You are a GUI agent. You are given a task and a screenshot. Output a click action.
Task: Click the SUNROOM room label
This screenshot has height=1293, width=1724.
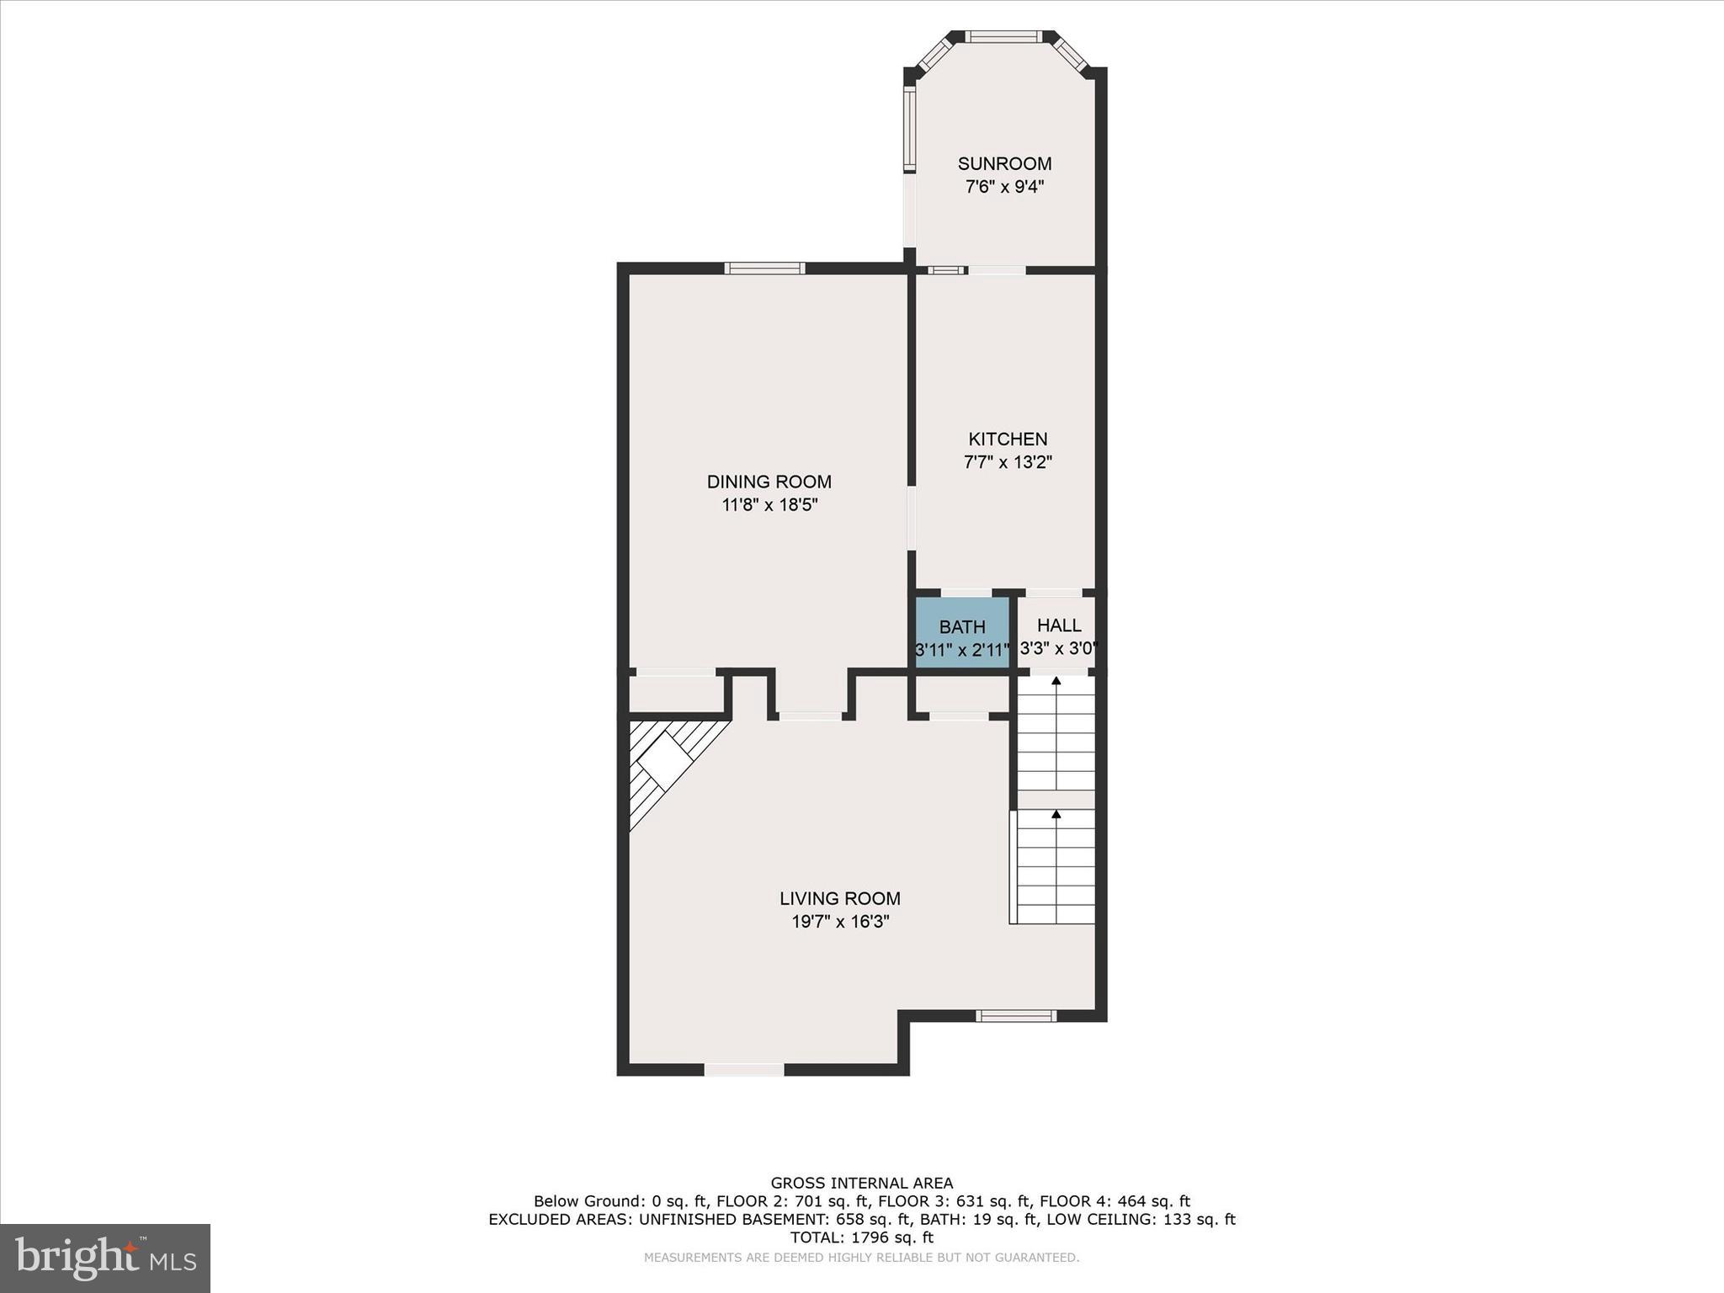1004,163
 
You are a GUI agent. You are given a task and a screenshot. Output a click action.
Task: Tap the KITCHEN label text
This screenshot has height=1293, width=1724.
1008,439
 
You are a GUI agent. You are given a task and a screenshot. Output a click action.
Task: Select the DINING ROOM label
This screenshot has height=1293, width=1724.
769,482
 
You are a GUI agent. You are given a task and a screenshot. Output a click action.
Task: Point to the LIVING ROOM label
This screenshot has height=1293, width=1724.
839,898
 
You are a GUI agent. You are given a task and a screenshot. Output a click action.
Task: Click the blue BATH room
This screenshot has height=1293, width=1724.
962,633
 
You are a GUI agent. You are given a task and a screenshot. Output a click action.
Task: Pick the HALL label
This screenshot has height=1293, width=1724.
1059,625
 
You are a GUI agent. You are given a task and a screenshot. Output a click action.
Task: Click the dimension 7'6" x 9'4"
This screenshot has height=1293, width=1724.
1004,187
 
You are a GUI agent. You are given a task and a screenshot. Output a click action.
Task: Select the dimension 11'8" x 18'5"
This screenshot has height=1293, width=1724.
769,505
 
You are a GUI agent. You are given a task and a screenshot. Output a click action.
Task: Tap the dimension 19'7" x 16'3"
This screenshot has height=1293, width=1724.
840,922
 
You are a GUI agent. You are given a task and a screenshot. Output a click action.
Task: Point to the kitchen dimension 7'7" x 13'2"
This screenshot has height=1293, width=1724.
1008,462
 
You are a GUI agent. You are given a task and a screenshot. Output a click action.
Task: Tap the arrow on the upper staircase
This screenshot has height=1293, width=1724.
1056,680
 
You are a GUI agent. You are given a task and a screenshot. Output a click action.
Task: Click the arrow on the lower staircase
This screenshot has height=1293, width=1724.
1056,814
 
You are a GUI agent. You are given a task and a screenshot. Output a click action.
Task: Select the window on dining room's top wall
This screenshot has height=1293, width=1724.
764,269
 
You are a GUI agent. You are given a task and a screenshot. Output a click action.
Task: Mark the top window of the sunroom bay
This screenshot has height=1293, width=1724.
1003,36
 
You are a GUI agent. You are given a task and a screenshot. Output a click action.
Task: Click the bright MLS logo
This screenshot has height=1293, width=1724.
105,1258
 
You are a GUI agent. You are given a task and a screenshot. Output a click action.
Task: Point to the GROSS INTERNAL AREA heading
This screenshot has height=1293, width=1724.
861,1184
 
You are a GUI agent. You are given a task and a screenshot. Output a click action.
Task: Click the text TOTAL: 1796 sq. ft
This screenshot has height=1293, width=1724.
861,1237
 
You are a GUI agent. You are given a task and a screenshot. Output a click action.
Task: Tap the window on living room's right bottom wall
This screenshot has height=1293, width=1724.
1015,1016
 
